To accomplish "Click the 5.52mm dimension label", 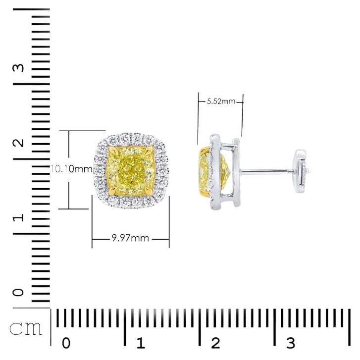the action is pos(221,101).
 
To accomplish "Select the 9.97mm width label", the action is pos(130,238).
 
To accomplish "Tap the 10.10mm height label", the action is pos(71,169).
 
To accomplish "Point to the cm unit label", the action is pos(26,329).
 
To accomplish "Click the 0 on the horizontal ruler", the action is pos(66,343).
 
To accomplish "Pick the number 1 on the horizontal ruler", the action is pos(141,343).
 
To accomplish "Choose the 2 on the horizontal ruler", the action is pos(215,343).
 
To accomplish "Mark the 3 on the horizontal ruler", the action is pos(291,343).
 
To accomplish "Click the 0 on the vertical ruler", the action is pos(18,292).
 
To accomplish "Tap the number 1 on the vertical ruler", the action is pos(18,218).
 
